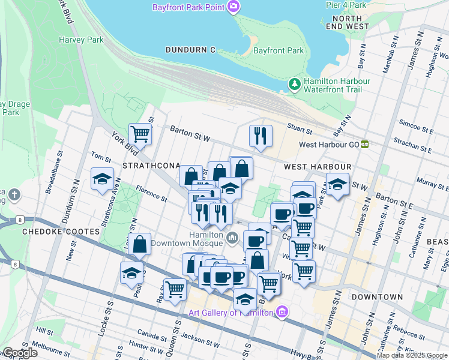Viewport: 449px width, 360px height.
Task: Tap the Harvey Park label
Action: point(81,40)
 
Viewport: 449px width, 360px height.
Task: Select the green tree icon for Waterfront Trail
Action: point(295,85)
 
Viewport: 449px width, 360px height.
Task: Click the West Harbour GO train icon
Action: point(364,145)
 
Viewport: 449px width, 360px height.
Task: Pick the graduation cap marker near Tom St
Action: point(102,178)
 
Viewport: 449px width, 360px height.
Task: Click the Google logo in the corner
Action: point(19,353)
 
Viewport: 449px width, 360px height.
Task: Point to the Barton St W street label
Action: point(190,133)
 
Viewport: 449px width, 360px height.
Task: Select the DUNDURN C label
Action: point(190,50)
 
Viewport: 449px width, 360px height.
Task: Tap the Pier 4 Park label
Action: point(346,5)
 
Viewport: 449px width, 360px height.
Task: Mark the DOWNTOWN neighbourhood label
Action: point(377,297)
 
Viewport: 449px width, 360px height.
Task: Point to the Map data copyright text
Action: point(411,355)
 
